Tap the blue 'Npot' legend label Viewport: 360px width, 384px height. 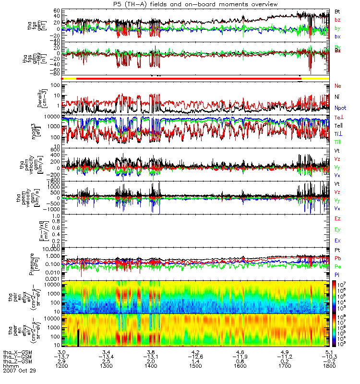point(340,108)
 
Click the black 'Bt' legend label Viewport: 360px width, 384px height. point(337,11)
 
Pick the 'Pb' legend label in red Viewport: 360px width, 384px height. point(337,258)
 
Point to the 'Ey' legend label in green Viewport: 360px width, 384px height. point(337,230)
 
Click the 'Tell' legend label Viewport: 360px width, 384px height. point(338,125)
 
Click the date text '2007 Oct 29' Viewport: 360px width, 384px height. point(19,371)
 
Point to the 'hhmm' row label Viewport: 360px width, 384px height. point(11,366)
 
